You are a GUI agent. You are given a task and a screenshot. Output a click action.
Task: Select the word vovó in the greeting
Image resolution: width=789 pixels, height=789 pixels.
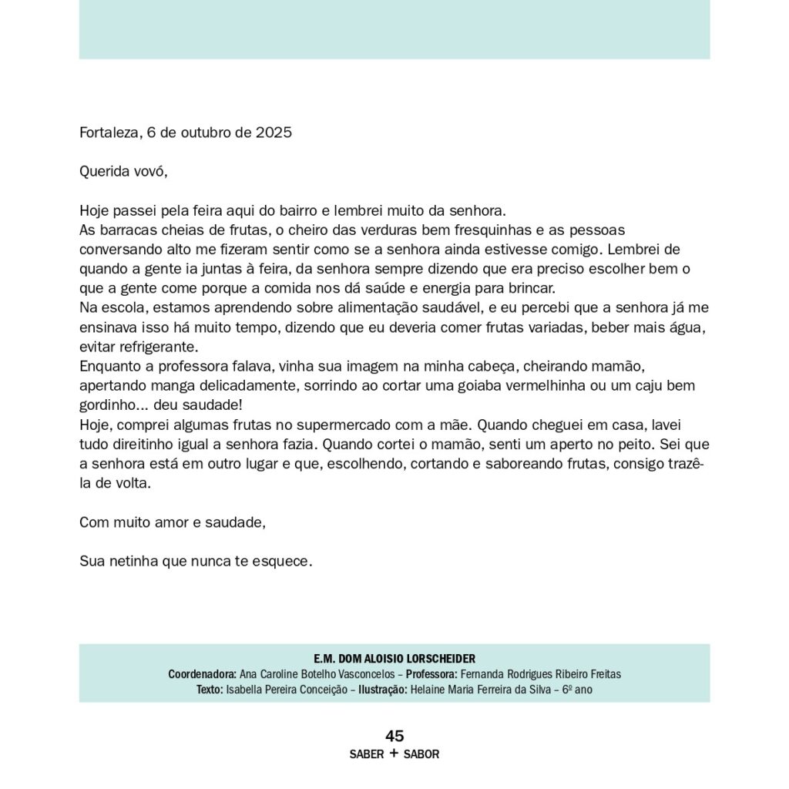coord(149,171)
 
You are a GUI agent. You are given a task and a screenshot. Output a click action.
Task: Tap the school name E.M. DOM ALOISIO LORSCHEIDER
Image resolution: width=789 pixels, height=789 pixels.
coord(394,659)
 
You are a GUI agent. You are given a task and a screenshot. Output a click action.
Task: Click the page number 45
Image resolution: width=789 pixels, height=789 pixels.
coord(394,736)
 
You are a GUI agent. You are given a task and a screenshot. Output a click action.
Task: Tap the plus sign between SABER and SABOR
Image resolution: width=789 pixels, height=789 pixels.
coord(394,754)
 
